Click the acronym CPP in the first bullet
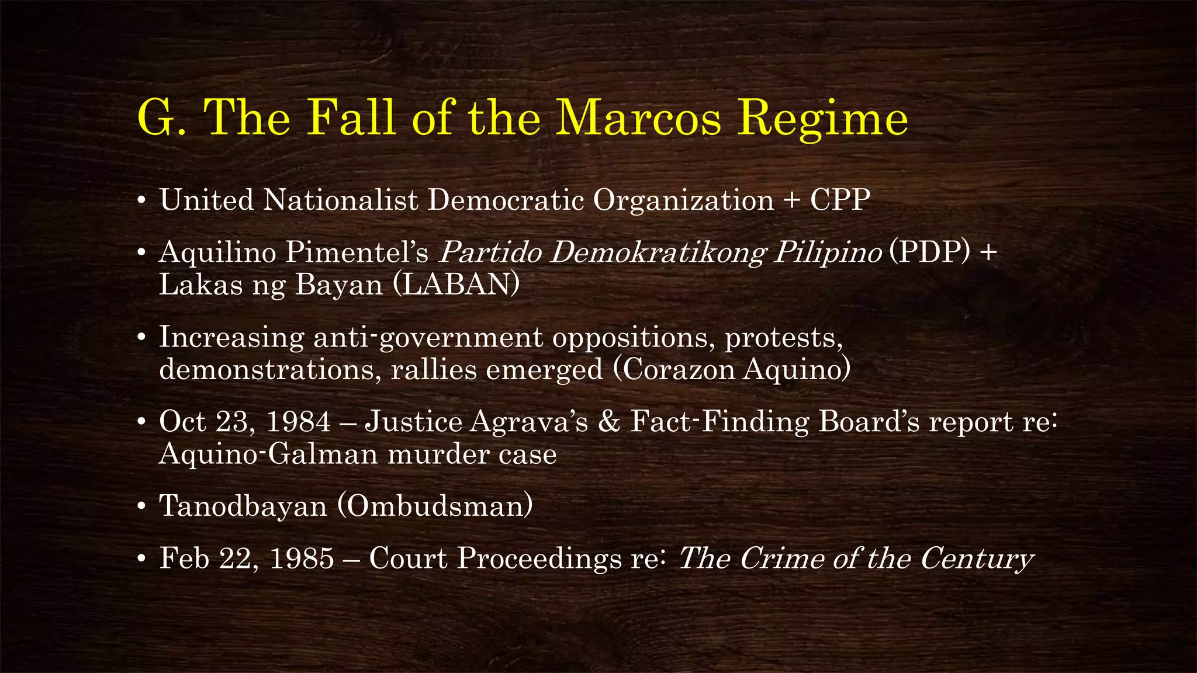pyautogui.click(x=840, y=200)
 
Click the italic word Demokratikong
pyautogui.click(x=658, y=252)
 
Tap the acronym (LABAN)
pyautogui.click(x=456, y=285)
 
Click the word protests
pyautogui.click(x=784, y=337)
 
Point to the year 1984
pyautogui.click(x=298, y=422)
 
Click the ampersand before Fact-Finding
pyautogui.click(x=609, y=422)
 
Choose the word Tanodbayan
pyautogui.click(x=243, y=506)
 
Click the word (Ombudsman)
pyautogui.click(x=435, y=506)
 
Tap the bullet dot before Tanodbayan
pyautogui.click(x=141, y=507)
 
